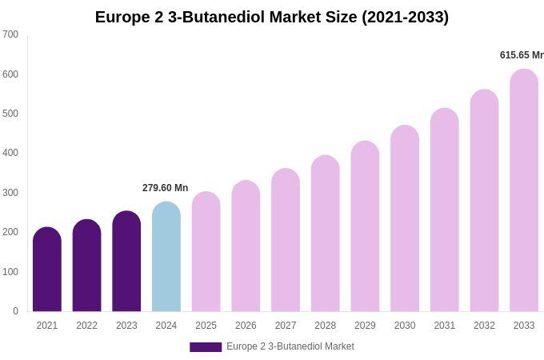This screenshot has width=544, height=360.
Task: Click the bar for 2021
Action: (47, 270)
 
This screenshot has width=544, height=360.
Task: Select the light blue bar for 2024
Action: (166, 257)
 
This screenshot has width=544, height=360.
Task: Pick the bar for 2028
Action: (325, 234)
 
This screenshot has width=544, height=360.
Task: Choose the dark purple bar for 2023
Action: (126, 262)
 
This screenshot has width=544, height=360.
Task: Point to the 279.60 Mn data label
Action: (166, 188)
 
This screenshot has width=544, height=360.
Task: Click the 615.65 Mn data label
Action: (521, 55)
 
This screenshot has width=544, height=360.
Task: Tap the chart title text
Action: (272, 17)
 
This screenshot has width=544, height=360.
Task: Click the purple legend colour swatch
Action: (206, 347)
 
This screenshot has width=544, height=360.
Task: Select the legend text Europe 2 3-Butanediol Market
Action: (290, 346)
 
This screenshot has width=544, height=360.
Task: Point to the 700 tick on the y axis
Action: (10, 34)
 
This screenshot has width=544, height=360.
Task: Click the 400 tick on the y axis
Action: (10, 153)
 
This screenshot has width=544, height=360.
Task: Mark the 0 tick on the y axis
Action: (15, 311)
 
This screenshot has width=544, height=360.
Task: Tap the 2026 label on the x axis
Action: (246, 326)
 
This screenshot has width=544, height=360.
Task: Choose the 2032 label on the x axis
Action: (484, 326)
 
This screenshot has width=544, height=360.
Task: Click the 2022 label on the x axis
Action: (86, 326)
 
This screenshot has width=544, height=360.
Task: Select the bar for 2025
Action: (206, 252)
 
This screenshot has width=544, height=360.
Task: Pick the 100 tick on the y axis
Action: (10, 272)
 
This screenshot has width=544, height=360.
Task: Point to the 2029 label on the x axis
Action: (365, 326)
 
